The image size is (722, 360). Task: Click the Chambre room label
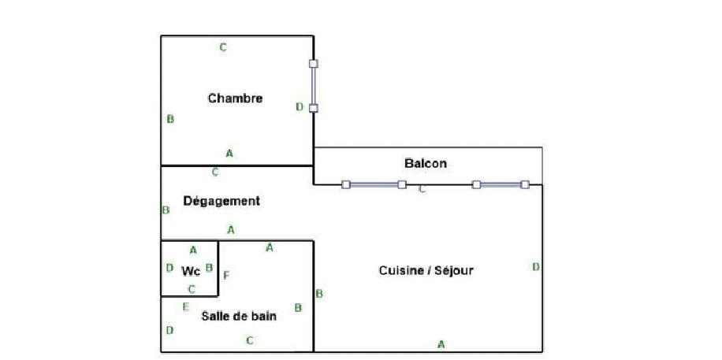[235, 98]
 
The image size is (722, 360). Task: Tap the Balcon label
[426, 164]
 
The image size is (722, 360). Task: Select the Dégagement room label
[221, 201]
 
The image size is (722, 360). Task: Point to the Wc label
[191, 271]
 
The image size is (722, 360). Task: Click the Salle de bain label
[239, 316]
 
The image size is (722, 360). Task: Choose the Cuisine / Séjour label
[426, 270]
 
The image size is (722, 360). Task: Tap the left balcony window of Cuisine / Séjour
[374, 185]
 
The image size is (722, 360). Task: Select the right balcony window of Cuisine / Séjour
[501, 185]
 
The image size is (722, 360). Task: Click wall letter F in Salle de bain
[226, 275]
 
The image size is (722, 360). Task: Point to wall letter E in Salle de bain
[185, 306]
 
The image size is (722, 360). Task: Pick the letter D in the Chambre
[300, 106]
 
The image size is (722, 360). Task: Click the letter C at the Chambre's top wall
[223, 47]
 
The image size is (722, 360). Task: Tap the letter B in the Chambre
[170, 120]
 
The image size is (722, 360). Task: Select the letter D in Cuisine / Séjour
[535, 266]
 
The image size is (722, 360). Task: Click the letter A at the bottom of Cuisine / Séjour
[441, 343]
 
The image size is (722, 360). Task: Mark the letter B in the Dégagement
[166, 210]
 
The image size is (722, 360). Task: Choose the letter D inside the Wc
[169, 268]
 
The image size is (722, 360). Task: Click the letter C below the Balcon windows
[422, 189]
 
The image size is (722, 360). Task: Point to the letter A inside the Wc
[193, 251]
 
